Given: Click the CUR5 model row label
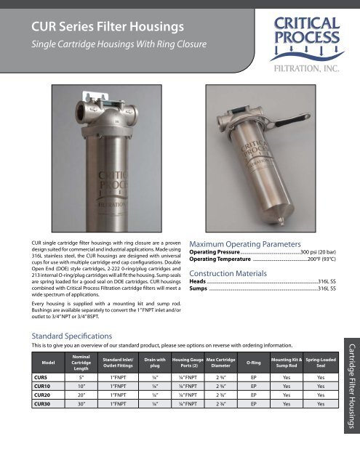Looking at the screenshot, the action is point(34,378).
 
